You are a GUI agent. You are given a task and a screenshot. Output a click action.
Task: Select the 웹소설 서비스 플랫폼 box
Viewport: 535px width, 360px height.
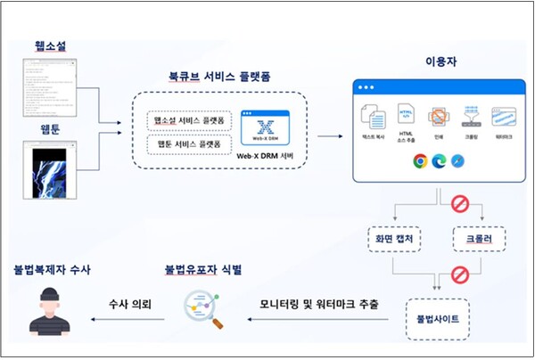(x=191, y=119)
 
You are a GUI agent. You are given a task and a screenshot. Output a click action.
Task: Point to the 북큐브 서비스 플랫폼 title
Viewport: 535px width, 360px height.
(x=219, y=76)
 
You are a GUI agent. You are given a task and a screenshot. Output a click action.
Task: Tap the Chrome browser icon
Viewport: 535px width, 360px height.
(x=421, y=161)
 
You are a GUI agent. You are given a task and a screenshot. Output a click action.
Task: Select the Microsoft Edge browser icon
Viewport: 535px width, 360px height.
(x=440, y=161)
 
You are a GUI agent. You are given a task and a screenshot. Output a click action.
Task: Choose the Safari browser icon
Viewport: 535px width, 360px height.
(x=457, y=161)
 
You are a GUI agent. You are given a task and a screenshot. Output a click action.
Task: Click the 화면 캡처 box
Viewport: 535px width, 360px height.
(x=391, y=238)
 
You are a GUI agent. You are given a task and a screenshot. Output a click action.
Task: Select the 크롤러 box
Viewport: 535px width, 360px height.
(x=480, y=238)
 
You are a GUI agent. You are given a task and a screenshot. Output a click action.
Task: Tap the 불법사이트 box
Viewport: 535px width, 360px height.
(x=434, y=317)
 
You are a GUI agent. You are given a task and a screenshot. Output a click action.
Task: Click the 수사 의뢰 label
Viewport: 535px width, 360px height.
(x=129, y=305)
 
